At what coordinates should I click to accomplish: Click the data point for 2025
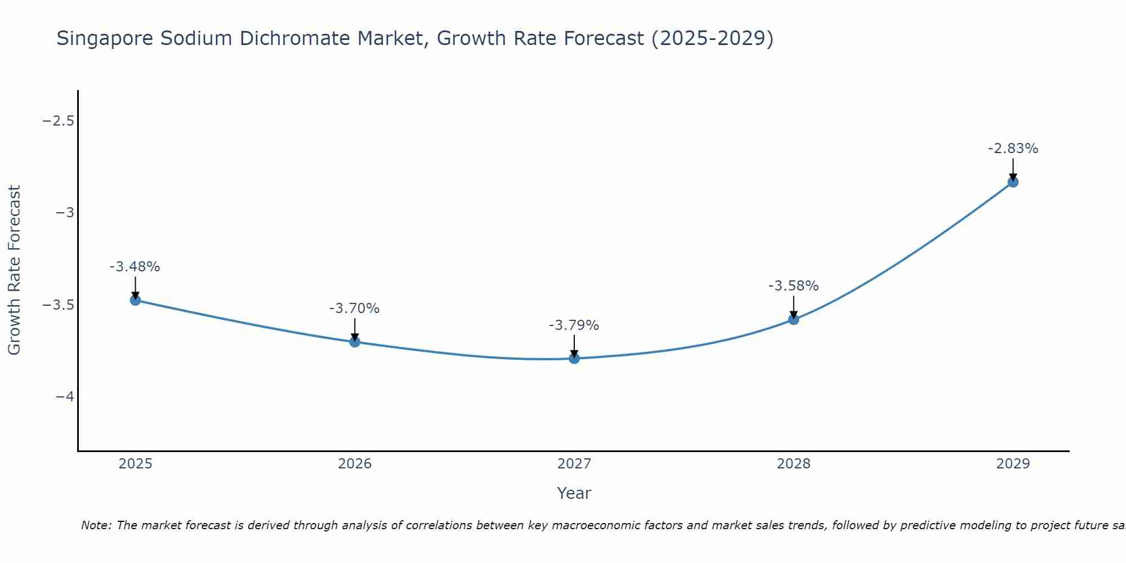pyautogui.click(x=135, y=300)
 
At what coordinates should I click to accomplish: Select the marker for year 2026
pyautogui.click(x=355, y=342)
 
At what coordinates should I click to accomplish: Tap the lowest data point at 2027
pyautogui.click(x=574, y=358)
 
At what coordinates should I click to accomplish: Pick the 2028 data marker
pyautogui.click(x=794, y=319)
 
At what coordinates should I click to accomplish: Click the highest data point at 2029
pyautogui.click(x=1013, y=182)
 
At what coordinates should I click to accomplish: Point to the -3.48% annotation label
pyautogui.click(x=135, y=267)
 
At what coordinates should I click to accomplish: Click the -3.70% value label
pyautogui.click(x=355, y=309)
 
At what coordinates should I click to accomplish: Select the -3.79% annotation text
pyautogui.click(x=574, y=325)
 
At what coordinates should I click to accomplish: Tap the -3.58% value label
pyautogui.click(x=794, y=286)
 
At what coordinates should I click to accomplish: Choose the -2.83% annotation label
pyautogui.click(x=1013, y=149)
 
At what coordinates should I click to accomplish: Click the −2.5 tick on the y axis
pyautogui.click(x=59, y=121)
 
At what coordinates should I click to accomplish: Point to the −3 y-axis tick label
pyautogui.click(x=65, y=213)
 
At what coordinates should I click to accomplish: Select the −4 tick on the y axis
pyautogui.click(x=65, y=397)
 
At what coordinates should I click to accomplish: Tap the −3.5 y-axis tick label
pyautogui.click(x=59, y=305)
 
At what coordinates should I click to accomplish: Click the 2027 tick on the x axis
pyautogui.click(x=574, y=464)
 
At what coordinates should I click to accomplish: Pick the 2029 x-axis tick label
pyautogui.click(x=1013, y=464)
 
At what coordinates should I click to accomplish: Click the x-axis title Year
pyautogui.click(x=574, y=493)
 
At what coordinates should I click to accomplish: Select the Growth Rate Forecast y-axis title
pyautogui.click(x=14, y=270)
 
